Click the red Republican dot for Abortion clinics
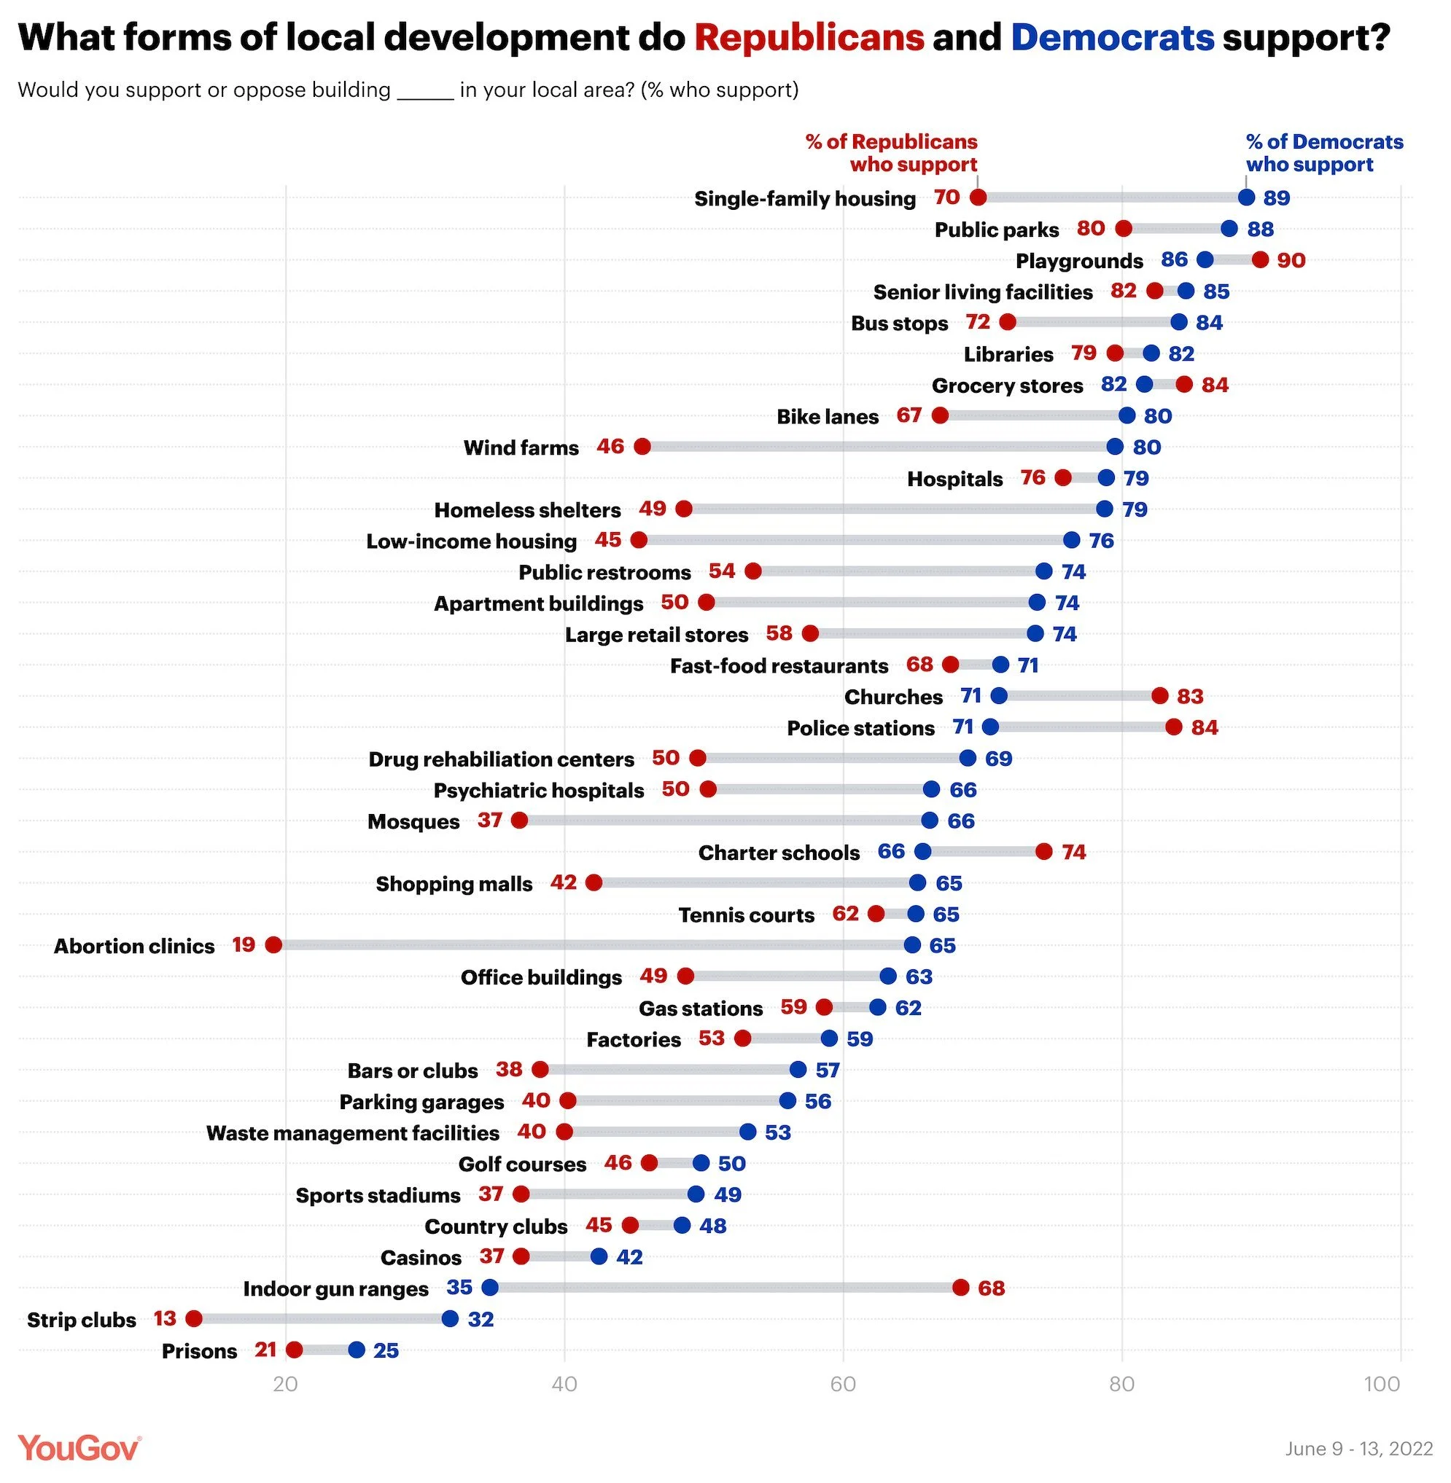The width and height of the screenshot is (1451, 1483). (x=273, y=945)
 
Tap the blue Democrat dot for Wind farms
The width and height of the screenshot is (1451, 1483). (x=1115, y=446)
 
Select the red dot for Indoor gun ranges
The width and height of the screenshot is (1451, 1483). (x=960, y=1287)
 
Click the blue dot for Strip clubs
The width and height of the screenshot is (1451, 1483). (x=451, y=1318)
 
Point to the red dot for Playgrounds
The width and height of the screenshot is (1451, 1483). (x=1261, y=259)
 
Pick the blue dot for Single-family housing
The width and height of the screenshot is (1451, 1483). (x=1246, y=197)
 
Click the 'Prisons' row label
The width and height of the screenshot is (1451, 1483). (x=199, y=1350)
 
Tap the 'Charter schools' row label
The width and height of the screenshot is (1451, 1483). (x=779, y=853)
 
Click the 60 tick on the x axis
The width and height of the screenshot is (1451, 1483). (x=843, y=1383)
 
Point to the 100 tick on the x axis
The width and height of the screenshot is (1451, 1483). (x=1382, y=1383)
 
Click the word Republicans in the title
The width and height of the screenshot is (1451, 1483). (x=809, y=37)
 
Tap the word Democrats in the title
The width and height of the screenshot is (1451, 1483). (x=1112, y=37)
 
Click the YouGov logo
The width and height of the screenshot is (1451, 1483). (x=79, y=1447)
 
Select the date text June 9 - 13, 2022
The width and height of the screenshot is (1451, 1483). (x=1359, y=1448)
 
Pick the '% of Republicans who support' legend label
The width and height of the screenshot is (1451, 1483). (x=892, y=153)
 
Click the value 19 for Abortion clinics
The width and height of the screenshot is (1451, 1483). (x=244, y=945)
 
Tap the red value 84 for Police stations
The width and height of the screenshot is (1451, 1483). (x=1204, y=727)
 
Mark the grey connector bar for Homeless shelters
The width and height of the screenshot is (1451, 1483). (x=892, y=509)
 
